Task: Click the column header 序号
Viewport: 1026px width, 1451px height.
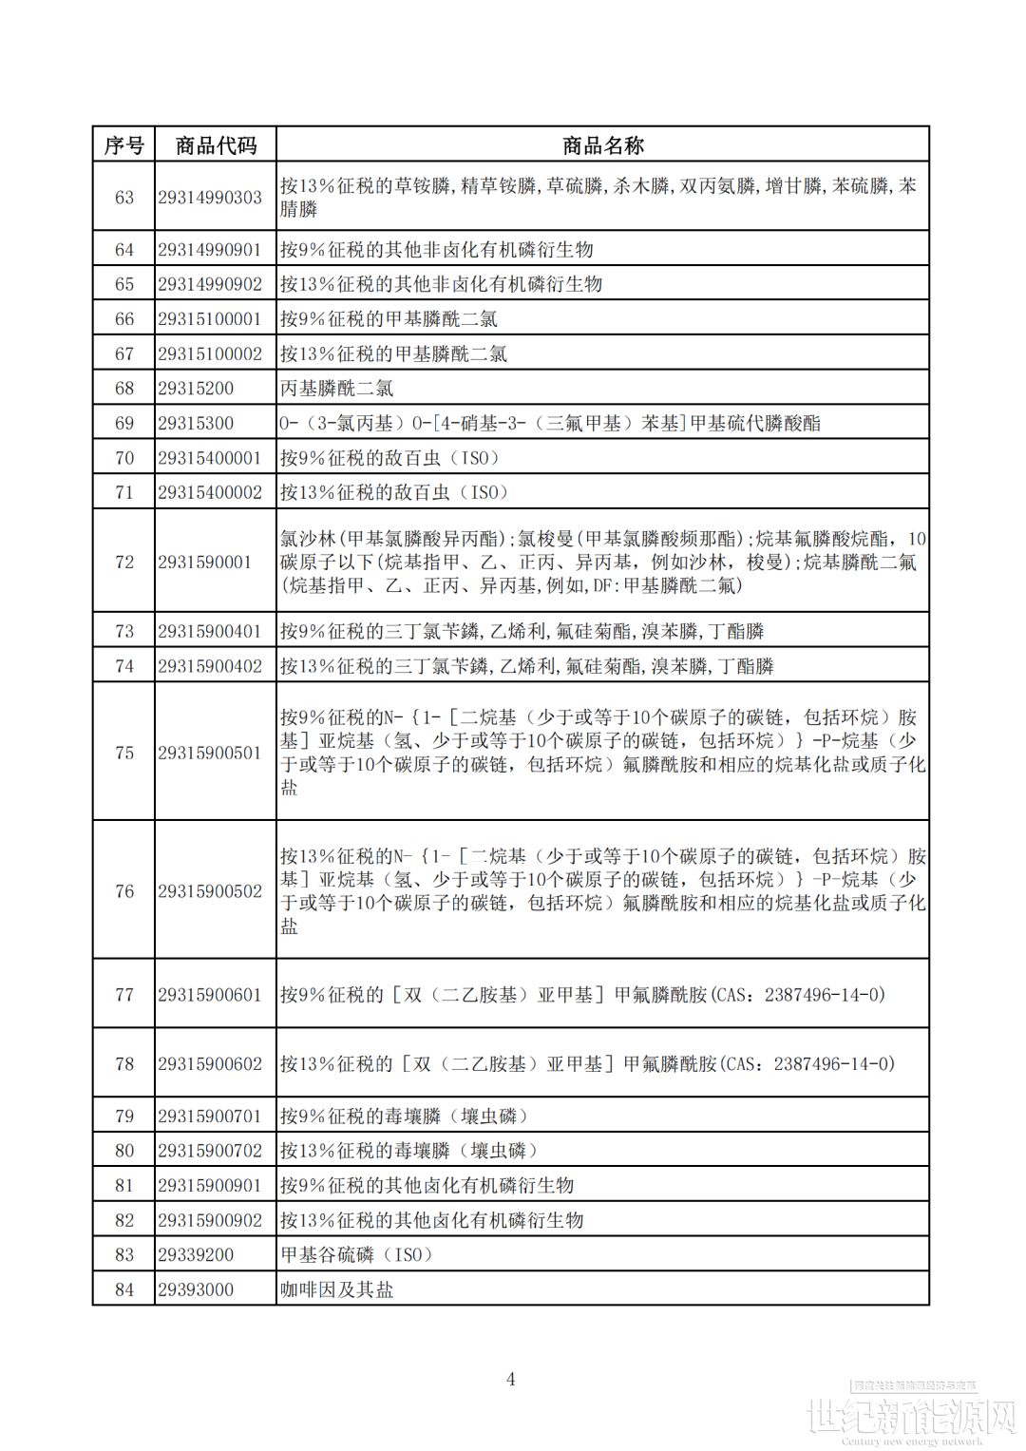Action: click(x=123, y=145)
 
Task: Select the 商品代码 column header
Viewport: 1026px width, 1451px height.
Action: click(x=216, y=145)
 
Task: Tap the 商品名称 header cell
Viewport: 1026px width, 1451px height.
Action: click(x=602, y=145)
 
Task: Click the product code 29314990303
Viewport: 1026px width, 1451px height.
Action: click(x=210, y=198)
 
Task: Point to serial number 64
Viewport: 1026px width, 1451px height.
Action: click(x=124, y=250)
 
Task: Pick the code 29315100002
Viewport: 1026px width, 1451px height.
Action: click(x=210, y=353)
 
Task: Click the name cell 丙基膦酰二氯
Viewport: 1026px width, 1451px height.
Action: click(x=336, y=389)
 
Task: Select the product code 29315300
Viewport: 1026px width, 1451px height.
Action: click(x=196, y=423)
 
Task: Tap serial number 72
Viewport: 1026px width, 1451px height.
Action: click(x=124, y=562)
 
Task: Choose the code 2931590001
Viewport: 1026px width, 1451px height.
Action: click(x=205, y=562)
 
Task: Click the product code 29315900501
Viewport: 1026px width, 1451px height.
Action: click(x=210, y=753)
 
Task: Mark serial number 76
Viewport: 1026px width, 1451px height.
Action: click(x=124, y=891)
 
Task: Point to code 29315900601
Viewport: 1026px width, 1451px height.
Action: click(x=210, y=995)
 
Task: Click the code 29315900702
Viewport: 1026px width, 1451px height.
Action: click(x=210, y=1151)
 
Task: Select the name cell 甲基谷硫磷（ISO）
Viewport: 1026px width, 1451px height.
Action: click(x=357, y=1255)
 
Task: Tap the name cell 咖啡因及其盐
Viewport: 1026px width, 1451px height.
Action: click(x=336, y=1289)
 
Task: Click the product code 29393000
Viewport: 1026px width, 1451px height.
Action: click(x=196, y=1289)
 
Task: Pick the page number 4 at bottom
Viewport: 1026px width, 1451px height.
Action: click(x=511, y=1379)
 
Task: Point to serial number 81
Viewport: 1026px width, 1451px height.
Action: click(x=124, y=1186)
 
